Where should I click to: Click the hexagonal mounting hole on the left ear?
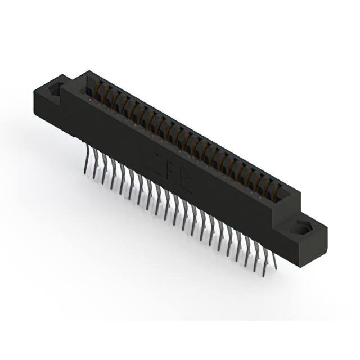point(57,90)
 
